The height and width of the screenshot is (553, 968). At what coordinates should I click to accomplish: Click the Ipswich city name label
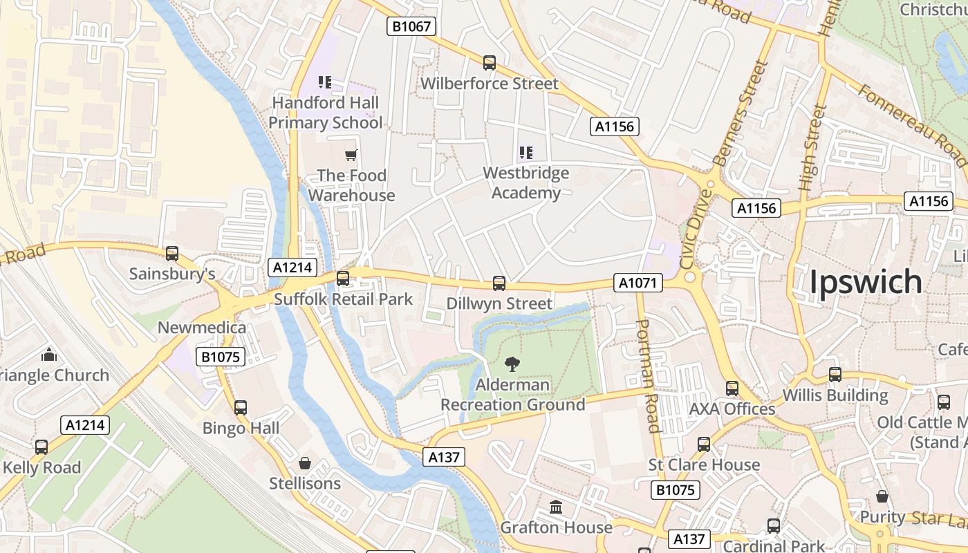tap(865, 282)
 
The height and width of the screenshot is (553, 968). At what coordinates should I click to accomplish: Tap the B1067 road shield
tap(411, 27)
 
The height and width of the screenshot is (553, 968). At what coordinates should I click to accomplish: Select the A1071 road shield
tap(637, 283)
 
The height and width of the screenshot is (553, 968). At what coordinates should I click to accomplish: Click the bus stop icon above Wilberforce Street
tap(490, 63)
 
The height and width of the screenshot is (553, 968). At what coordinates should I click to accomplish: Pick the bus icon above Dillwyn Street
tap(499, 283)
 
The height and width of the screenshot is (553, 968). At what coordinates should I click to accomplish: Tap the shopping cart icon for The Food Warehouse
tap(351, 155)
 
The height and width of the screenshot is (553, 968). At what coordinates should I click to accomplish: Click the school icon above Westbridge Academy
tap(526, 152)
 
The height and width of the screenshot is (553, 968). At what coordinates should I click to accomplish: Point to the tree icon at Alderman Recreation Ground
tap(512, 364)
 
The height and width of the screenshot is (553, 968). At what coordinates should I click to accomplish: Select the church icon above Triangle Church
tap(49, 355)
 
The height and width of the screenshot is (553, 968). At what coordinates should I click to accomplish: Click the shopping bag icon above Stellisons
tap(304, 463)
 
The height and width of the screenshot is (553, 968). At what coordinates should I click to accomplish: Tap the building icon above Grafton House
tap(556, 508)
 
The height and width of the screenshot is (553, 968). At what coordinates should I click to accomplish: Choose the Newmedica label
tap(202, 327)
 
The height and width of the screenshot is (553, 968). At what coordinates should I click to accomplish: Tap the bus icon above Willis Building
tap(835, 375)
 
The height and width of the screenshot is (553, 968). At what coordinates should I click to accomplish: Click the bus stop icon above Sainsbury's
tap(172, 254)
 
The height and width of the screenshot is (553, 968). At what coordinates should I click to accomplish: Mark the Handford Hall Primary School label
tap(325, 113)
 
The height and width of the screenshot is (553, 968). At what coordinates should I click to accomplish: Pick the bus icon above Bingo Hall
tap(241, 408)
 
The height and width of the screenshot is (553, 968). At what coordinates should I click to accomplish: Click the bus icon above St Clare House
tap(704, 444)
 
